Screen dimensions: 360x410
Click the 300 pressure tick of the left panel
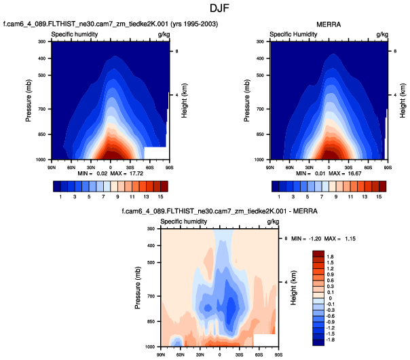pyautogui.click(x=41, y=42)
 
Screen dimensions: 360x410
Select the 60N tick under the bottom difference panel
pyautogui.click(x=181, y=353)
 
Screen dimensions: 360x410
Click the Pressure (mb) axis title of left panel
pyautogui.click(x=29, y=100)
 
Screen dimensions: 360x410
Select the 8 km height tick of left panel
pyautogui.click(x=176, y=52)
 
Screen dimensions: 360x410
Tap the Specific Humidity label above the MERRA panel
pyautogui.click(x=293, y=33)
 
